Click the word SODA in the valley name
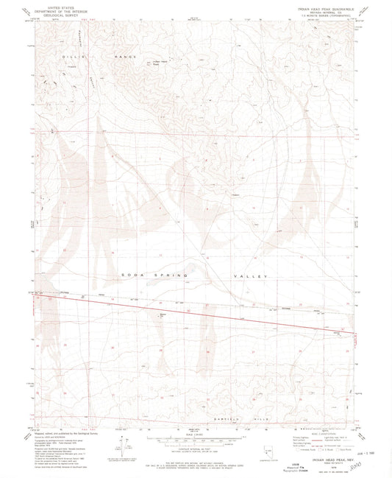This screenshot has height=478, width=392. pyautogui.click(x=148, y=274)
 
